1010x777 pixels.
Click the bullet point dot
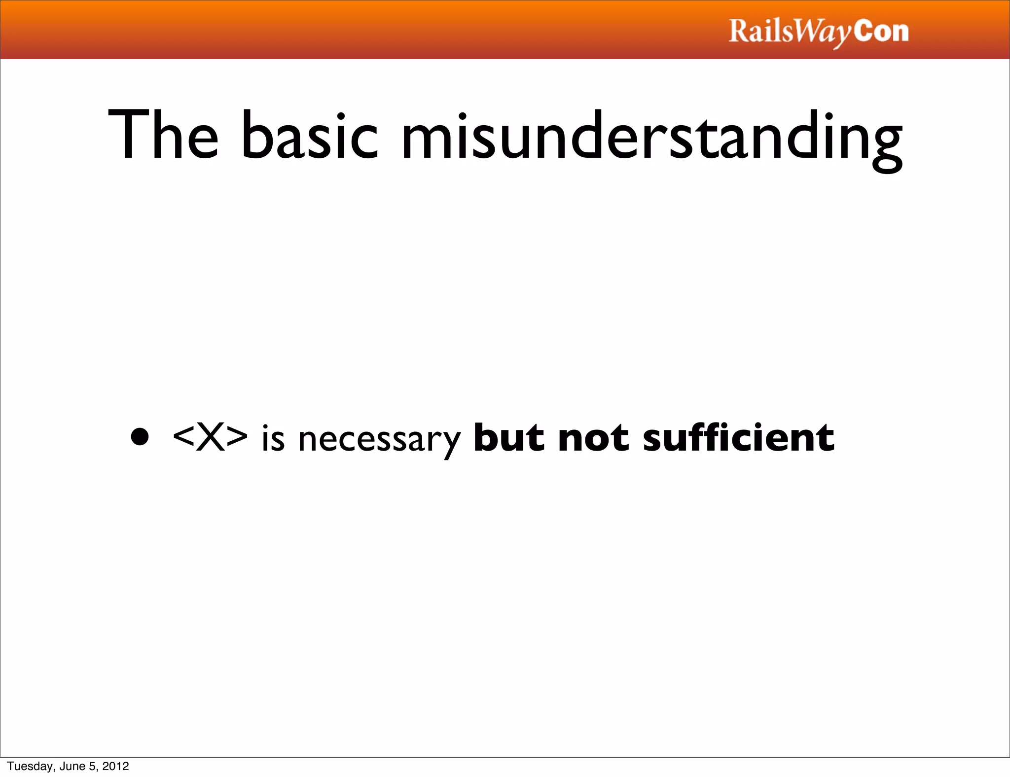[x=140, y=437]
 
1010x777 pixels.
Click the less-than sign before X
[x=183, y=438]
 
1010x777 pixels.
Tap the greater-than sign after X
[x=237, y=438]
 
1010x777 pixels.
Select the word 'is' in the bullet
[x=273, y=439]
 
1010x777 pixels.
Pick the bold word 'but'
[x=508, y=437]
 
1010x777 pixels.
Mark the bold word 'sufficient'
[x=738, y=437]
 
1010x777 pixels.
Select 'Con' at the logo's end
[x=881, y=32]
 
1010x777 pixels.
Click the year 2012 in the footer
[x=115, y=766]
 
